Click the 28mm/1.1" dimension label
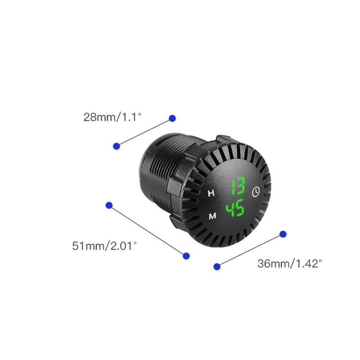(112, 117)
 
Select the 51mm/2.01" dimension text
(104, 246)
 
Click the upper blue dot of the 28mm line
(172, 118)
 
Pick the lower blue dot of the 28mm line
(117, 146)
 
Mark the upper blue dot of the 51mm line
(109, 205)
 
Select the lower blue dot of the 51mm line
(186, 256)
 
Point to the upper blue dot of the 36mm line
(283, 234)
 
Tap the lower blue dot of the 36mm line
(217, 266)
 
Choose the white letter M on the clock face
(212, 216)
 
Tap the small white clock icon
(256, 191)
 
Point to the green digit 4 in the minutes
(232, 209)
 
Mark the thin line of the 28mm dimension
(144, 132)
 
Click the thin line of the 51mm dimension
(148, 230)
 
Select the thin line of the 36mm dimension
(250, 250)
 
